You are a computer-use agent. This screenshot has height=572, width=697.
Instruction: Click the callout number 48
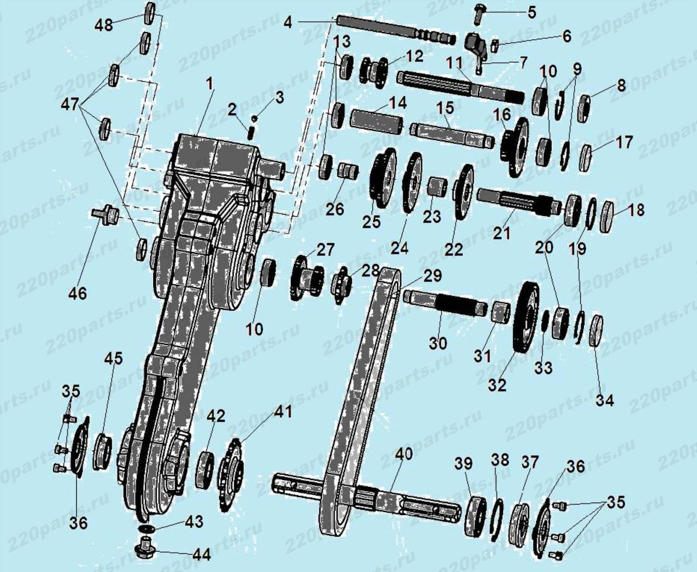click(104, 25)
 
